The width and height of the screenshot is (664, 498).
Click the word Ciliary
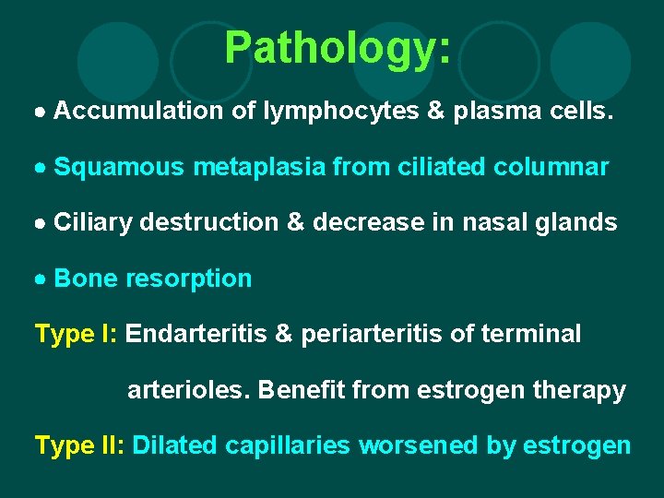[x=94, y=222]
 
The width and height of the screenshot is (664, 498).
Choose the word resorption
[x=188, y=279]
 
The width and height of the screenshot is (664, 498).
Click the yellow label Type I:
[x=77, y=334]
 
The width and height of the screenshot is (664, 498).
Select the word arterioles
[x=188, y=390]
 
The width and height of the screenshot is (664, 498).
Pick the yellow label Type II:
[x=80, y=445]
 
